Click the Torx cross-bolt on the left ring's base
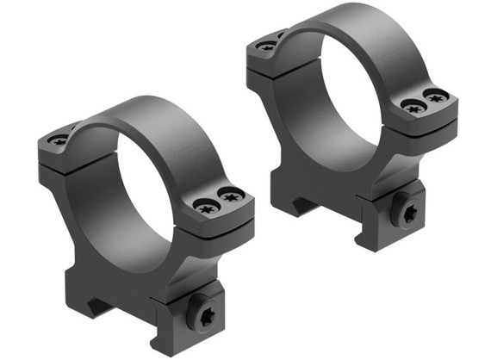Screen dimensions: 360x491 (x=206, y=314)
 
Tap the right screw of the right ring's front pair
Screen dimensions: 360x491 (x=437, y=96)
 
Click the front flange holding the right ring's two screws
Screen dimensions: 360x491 (x=426, y=112)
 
